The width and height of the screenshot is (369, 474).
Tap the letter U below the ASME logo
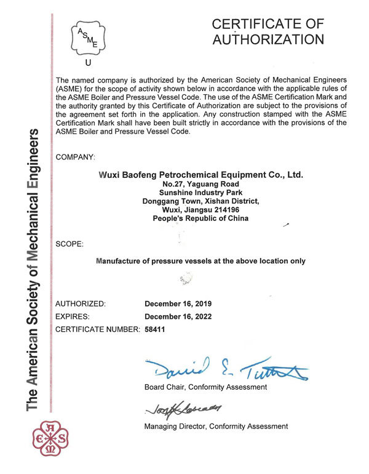tap(88, 63)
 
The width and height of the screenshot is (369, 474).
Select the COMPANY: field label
tap(76, 158)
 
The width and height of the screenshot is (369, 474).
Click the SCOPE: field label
tap(69, 244)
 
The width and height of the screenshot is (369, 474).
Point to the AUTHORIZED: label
tap(81, 304)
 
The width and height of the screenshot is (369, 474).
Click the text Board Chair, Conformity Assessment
tap(205, 387)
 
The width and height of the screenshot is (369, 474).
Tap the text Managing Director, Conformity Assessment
tap(216, 427)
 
